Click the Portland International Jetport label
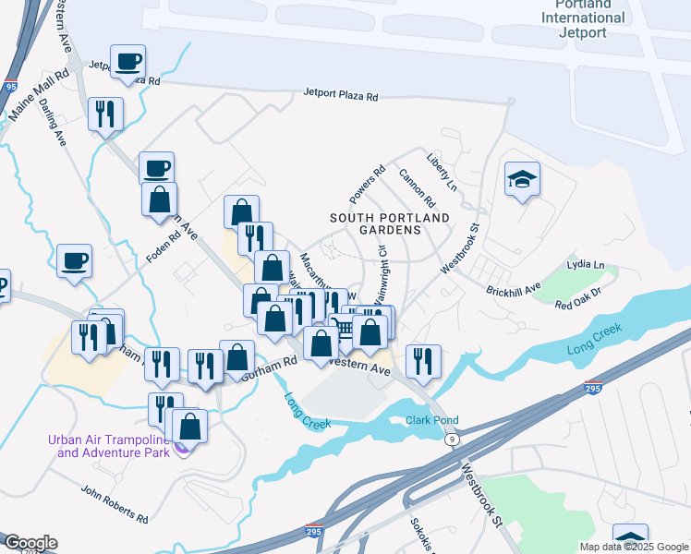point(583,18)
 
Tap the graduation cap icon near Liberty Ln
point(522,178)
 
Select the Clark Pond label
point(432,421)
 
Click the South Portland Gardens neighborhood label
point(391,223)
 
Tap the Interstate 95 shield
point(10,86)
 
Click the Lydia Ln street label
point(586,265)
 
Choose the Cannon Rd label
point(417,187)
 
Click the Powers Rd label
point(366,186)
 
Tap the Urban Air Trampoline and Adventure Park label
point(113,446)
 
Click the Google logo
point(30,543)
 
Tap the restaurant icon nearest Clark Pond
point(423,360)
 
